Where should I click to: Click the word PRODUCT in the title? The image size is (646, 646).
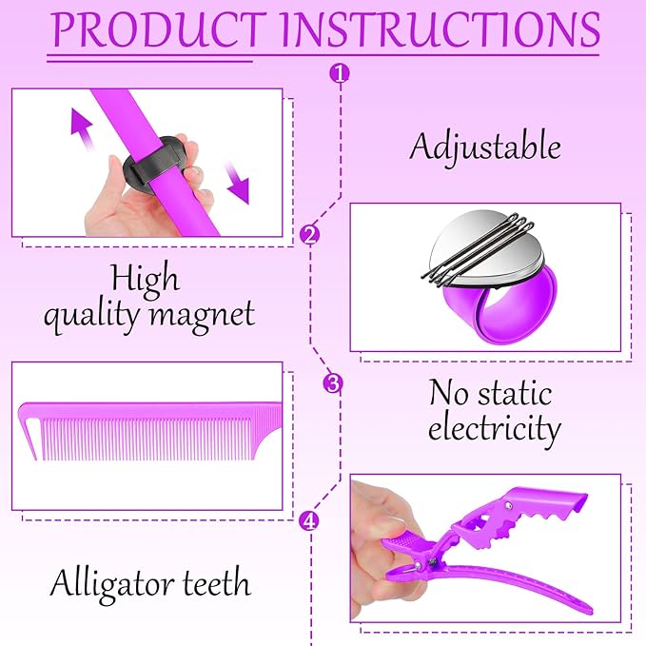point(160,30)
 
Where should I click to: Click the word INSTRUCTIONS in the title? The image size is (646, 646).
point(440,30)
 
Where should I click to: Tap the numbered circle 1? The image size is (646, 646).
point(340,73)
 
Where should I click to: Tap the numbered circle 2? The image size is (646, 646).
point(310,235)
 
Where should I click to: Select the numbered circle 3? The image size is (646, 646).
point(332,383)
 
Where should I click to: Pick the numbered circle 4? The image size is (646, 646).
point(308,520)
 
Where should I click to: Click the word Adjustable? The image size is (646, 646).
point(485,148)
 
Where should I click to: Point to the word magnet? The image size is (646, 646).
point(202,317)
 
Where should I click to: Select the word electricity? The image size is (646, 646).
point(495,429)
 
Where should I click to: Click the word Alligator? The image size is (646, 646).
point(112,585)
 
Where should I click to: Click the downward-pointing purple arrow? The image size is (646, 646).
point(238,183)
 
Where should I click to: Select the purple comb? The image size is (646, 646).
point(150,431)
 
